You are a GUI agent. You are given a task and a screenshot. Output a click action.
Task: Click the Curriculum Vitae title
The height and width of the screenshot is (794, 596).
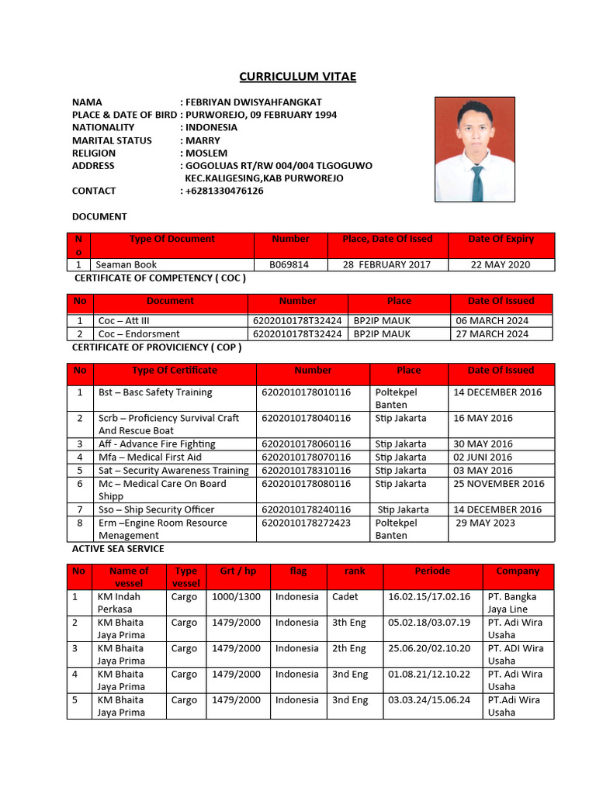297,76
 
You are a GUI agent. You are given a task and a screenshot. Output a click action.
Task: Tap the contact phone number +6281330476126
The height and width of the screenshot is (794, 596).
224,191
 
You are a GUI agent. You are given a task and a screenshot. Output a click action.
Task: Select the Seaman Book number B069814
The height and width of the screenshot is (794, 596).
289,264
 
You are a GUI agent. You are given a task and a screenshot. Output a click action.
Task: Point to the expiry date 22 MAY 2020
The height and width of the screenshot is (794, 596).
501,264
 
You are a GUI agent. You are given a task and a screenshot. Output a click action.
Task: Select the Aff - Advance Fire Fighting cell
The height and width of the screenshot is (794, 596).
157,444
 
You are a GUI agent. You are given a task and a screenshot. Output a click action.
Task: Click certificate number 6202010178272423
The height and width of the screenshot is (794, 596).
306,523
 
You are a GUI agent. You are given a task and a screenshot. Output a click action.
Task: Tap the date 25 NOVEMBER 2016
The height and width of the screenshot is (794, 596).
500,484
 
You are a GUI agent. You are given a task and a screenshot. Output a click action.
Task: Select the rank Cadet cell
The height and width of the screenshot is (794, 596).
345,597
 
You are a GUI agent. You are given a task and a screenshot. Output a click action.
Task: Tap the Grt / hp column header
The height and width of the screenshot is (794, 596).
237,571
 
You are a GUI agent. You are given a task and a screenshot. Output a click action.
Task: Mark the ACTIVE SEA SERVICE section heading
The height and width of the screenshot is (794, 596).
118,549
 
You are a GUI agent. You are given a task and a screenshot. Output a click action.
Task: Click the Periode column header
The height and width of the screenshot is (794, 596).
432,571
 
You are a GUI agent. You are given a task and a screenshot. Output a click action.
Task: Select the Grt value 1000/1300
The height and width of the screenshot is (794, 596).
236,597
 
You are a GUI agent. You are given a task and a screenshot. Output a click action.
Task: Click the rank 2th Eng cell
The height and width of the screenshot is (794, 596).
349,648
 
